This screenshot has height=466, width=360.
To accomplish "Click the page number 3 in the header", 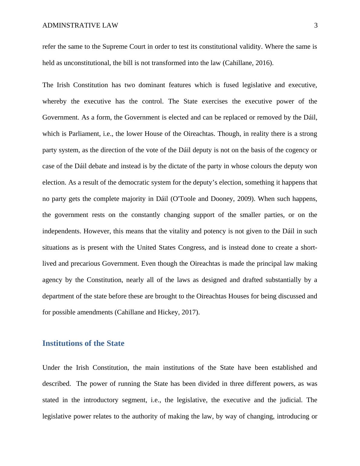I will (x=316, y=26).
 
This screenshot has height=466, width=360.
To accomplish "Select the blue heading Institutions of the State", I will (x=83, y=343).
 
